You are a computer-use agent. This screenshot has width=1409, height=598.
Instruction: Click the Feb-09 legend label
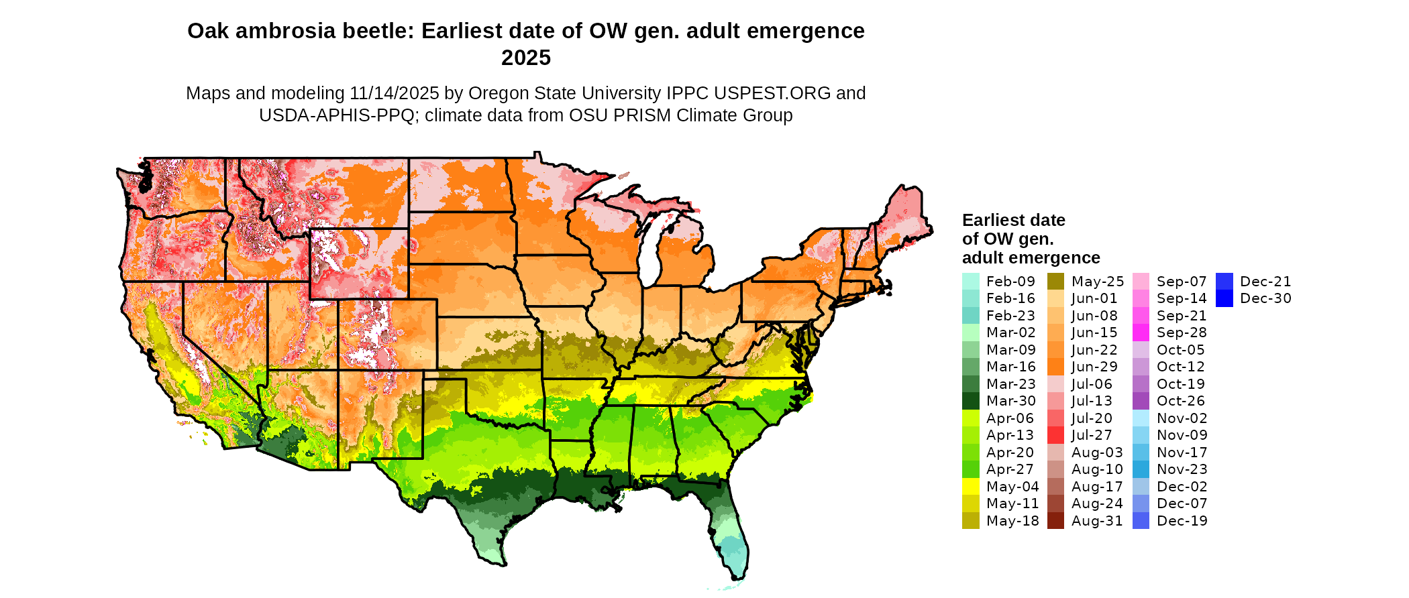pyautogui.click(x=1010, y=282)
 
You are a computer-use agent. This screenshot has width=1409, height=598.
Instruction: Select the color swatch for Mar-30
pyautogui.click(x=971, y=401)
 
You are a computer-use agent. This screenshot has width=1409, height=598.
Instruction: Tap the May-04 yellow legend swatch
pyautogui.click(x=971, y=487)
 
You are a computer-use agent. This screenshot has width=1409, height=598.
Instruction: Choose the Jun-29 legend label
pyautogui.click(x=1094, y=367)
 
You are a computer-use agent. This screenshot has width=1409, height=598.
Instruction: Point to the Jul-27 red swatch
pyautogui.click(x=1056, y=435)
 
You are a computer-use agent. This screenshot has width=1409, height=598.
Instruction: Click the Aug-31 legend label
pyautogui.click(x=1097, y=521)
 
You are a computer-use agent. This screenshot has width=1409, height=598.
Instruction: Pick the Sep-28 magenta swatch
pyautogui.click(x=1141, y=333)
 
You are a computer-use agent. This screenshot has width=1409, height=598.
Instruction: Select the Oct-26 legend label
pyautogui.click(x=1181, y=401)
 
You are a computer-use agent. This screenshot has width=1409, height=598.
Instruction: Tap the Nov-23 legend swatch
pyautogui.click(x=1141, y=469)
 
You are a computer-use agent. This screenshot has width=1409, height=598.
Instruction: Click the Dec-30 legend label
pyautogui.click(x=1265, y=298)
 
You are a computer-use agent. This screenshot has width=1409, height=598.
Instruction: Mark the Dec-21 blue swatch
pyautogui.click(x=1224, y=282)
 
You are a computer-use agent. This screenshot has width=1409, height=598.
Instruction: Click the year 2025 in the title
pyautogui.click(x=526, y=58)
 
